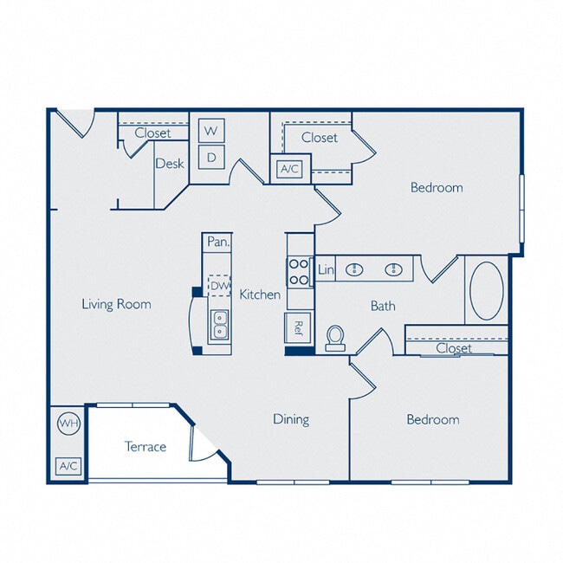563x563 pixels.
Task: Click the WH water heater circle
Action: [x=68, y=424]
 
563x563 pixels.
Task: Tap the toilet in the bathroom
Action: [x=335, y=338]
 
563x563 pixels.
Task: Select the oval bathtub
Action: [x=485, y=290]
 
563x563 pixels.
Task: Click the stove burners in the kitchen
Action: [x=299, y=273]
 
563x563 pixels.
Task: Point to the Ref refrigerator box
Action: [x=297, y=327]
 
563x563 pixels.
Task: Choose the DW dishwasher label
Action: [x=219, y=285]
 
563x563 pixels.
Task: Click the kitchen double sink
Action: [x=219, y=324]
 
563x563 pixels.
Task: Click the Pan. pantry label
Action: [x=217, y=243]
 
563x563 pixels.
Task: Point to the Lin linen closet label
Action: [x=326, y=270]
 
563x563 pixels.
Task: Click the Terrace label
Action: [x=145, y=447]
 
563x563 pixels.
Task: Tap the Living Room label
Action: [x=116, y=304]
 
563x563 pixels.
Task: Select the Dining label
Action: [x=291, y=419]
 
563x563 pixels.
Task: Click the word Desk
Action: [x=169, y=163]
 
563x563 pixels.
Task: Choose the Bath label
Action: [x=383, y=305]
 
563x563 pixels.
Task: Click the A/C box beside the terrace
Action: [x=68, y=466]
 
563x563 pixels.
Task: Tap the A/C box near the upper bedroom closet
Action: [x=288, y=169]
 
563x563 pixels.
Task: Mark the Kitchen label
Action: [x=260, y=294]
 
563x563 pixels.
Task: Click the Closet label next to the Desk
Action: [x=152, y=133]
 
